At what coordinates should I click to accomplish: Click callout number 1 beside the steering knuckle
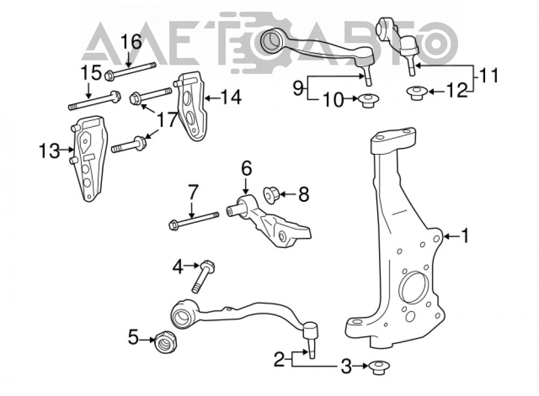click(465, 236)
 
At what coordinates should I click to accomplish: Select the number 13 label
click(49, 151)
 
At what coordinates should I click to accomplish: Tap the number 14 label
click(230, 97)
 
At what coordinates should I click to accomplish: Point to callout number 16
click(130, 41)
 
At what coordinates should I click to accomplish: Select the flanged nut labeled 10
click(368, 99)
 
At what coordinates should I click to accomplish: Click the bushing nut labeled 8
click(271, 195)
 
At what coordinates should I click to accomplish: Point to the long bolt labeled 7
click(194, 221)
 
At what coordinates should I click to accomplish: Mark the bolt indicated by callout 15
click(94, 100)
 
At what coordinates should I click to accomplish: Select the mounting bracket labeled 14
click(192, 107)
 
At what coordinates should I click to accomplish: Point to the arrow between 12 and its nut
click(437, 91)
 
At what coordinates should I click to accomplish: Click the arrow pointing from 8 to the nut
click(288, 195)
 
